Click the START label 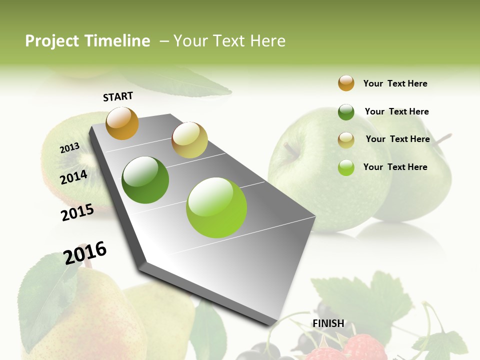pos(118,96)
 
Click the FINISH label pos(328,323)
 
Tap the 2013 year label pos(69,148)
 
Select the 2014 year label pos(73,177)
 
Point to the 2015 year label pos(77,212)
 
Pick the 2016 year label pos(85,252)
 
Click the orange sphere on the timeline pos(122,123)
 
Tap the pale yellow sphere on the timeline pos(189,140)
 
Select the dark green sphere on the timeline pos(145,180)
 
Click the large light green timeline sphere pos(216,207)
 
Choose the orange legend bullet pos(346,83)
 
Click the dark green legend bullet pos(346,112)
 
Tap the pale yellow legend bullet pos(346,140)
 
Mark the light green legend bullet pos(346,167)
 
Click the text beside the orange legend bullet pos(395,83)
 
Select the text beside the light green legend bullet pos(395,167)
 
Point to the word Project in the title pos(52,41)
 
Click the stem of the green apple pos(289,149)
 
